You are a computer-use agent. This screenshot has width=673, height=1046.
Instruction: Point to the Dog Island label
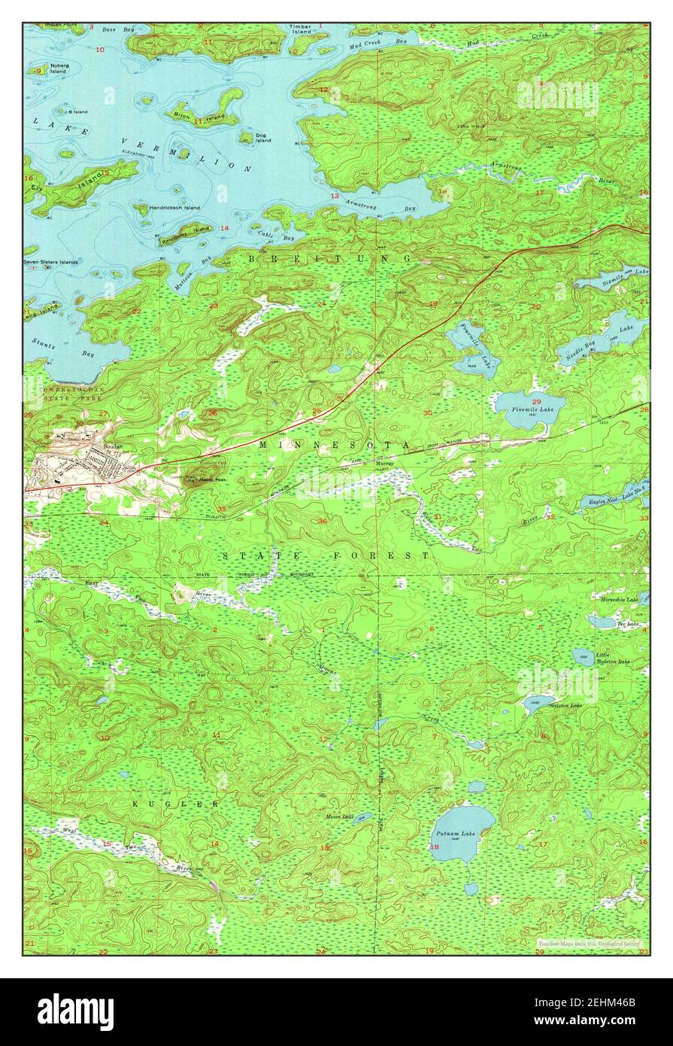tap(262, 138)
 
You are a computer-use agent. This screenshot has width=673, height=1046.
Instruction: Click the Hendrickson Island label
tap(174, 208)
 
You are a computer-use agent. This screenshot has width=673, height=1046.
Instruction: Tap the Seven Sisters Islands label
tap(51, 262)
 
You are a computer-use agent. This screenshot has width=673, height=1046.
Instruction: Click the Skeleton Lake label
tap(565, 705)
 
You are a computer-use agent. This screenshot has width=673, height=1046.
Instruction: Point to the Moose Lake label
tap(339, 816)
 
